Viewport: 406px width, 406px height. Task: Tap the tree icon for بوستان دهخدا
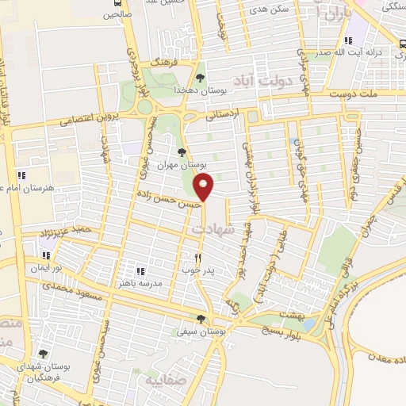pos(199,78)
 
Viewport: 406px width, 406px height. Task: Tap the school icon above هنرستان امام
pos(21,174)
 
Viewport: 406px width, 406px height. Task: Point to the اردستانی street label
pos(223,117)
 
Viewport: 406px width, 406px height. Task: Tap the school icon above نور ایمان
pos(46,255)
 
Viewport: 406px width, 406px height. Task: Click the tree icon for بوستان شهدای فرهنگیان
pos(43,354)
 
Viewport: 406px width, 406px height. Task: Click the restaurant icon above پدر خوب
pos(198,258)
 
